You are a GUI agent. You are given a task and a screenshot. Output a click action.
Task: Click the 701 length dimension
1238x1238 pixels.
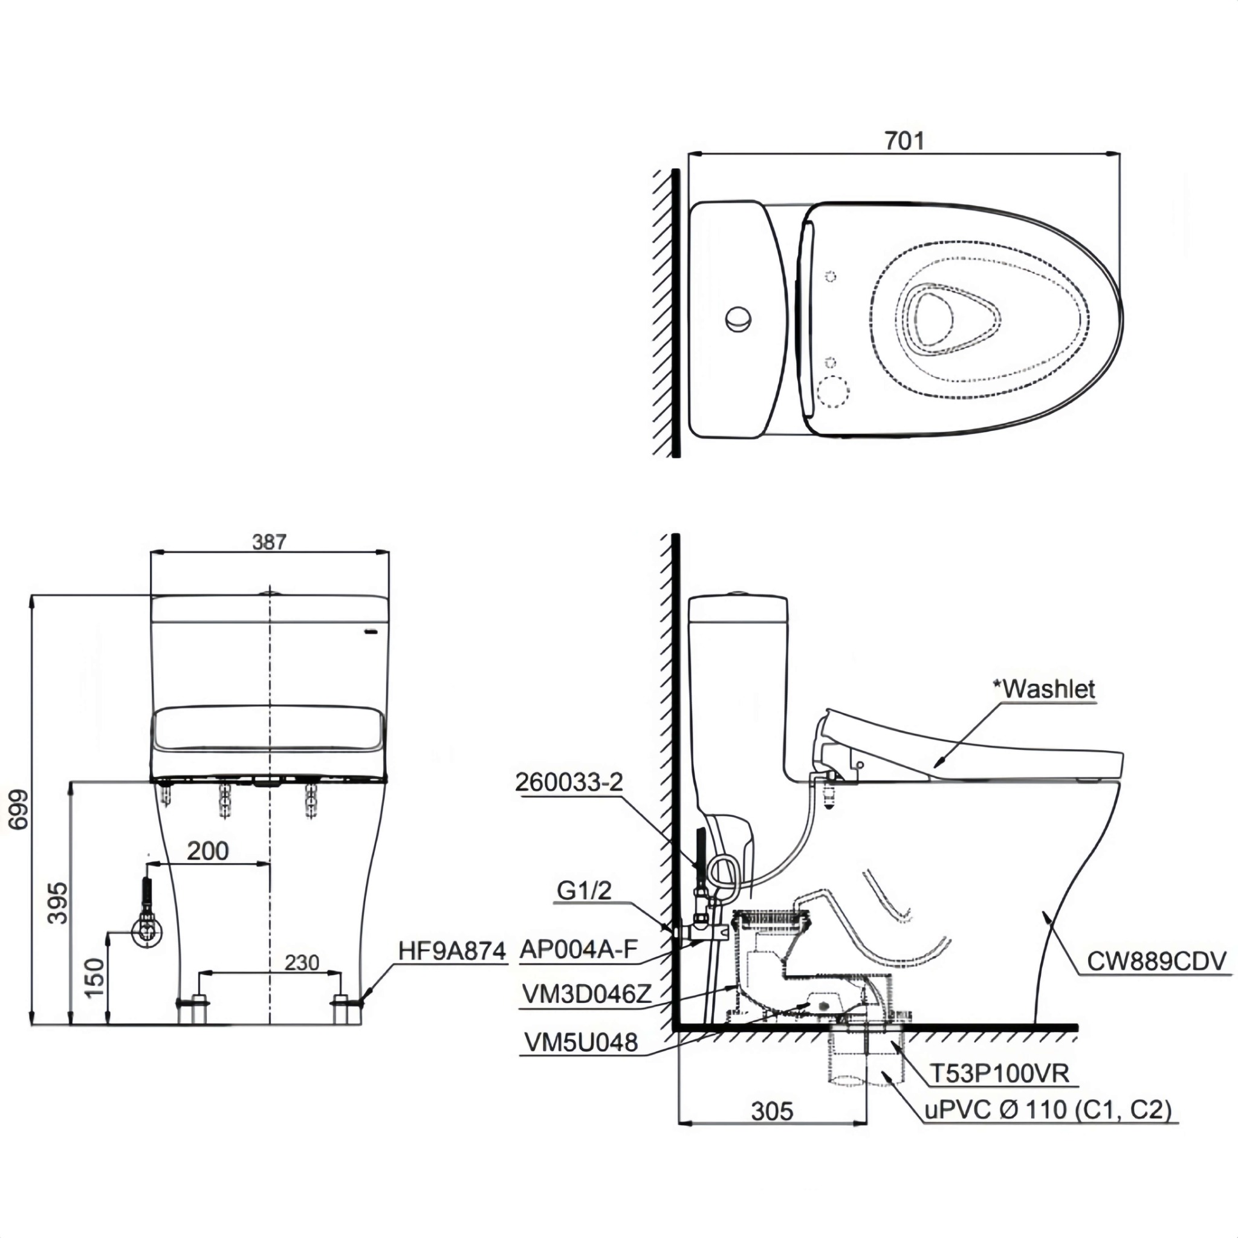tap(904, 140)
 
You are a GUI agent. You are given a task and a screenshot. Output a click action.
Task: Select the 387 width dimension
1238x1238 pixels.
tap(269, 542)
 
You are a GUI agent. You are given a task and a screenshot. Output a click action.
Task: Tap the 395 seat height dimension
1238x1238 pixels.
tap(57, 903)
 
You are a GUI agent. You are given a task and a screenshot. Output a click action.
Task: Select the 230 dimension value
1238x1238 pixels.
tap(301, 962)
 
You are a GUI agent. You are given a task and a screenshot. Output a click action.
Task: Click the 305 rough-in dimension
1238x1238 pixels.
tap(772, 1110)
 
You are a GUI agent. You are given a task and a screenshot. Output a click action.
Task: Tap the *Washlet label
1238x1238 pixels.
tap(1044, 689)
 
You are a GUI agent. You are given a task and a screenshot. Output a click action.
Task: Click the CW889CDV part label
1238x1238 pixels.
tap(1156, 961)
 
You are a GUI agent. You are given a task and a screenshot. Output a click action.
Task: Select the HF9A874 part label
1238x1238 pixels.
tap(452, 951)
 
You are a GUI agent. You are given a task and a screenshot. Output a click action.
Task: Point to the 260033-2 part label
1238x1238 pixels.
tap(569, 782)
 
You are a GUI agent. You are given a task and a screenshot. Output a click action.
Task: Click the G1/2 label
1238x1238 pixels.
tap(584, 889)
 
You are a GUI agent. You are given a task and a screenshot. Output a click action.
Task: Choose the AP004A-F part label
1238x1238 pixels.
tap(578, 949)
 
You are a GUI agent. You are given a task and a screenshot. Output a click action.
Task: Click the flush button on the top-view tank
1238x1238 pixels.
tap(739, 319)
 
